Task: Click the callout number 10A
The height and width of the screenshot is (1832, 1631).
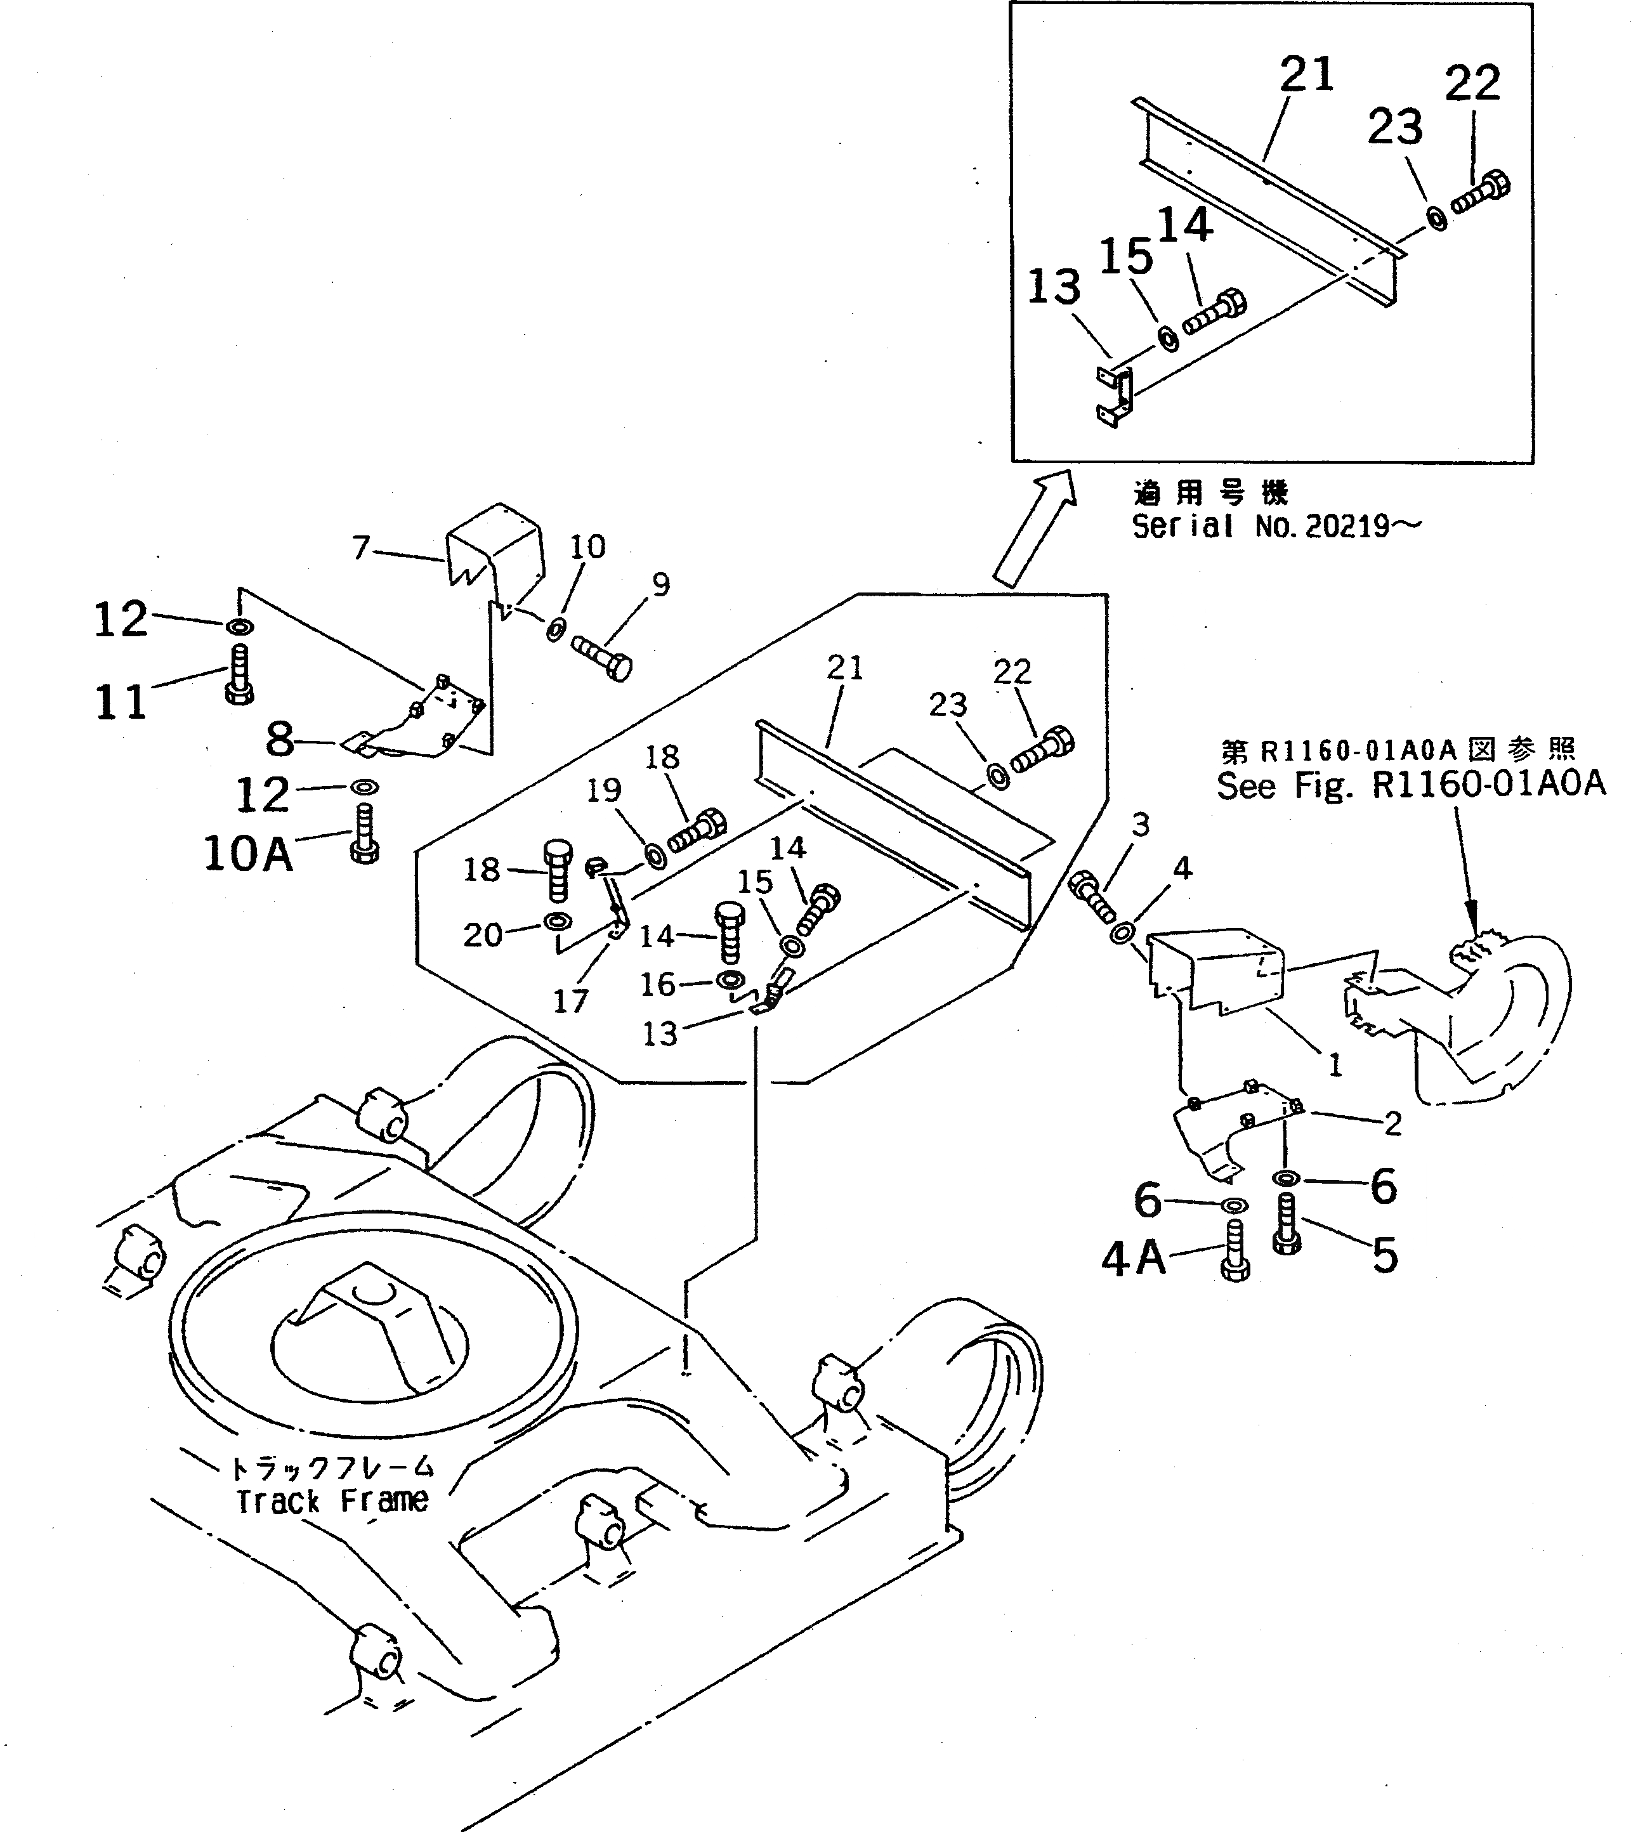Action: tap(248, 854)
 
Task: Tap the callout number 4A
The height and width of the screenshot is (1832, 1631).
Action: tap(1134, 1259)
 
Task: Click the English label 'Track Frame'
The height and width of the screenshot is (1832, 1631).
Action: tap(332, 1500)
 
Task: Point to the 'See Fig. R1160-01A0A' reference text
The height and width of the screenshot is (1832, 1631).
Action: tap(1410, 785)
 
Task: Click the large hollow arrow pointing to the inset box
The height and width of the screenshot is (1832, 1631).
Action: tap(1034, 530)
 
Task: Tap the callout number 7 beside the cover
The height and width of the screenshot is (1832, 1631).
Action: tap(361, 547)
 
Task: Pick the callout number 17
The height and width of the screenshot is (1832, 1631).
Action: tap(570, 1001)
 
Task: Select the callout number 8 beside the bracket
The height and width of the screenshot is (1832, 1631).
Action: tap(280, 740)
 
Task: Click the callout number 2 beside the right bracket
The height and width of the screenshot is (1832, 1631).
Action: tap(1392, 1123)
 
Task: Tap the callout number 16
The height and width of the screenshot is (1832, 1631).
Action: tap(657, 984)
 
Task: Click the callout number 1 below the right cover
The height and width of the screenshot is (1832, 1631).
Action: tap(1334, 1065)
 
